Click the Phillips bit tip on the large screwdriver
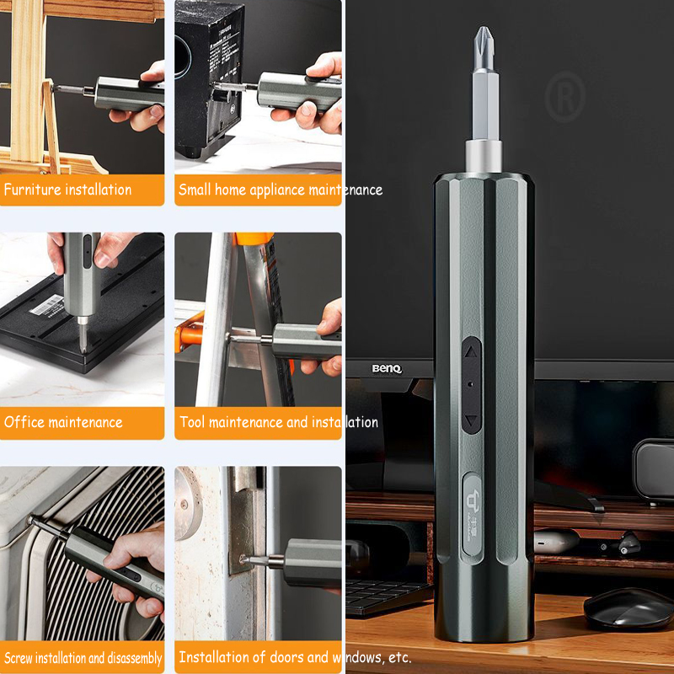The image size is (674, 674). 484,38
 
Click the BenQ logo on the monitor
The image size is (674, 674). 388,368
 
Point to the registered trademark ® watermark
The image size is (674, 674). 565,98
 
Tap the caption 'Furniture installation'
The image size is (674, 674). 67,190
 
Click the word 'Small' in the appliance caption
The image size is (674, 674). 194,190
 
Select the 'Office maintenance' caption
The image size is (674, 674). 63,422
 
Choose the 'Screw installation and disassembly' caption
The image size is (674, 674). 83,658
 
